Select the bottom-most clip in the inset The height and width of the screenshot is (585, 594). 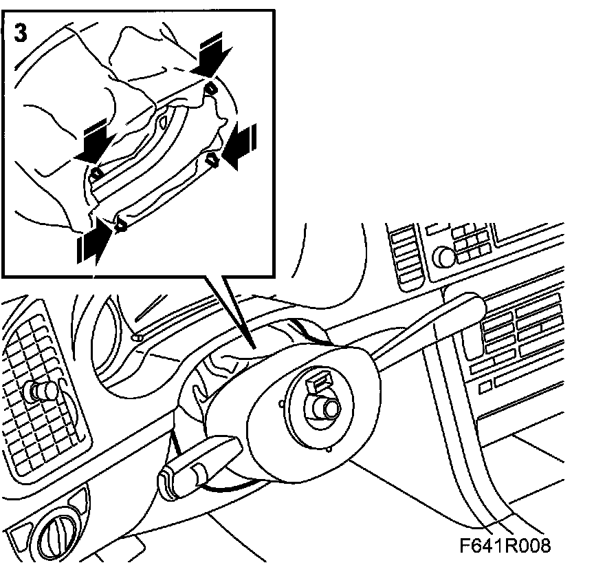point(121,224)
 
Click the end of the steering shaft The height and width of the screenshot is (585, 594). point(330,407)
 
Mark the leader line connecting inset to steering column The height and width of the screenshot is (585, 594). point(230,306)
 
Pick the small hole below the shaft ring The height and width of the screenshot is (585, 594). point(331,451)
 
